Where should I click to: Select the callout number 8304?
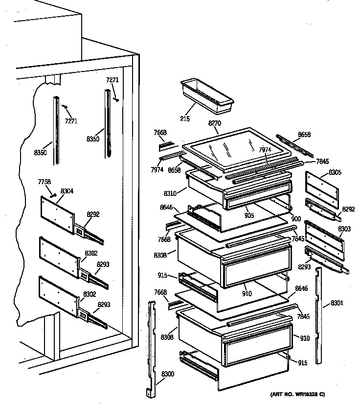(x=67, y=191)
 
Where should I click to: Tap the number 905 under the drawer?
(x=249, y=214)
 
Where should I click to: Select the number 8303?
(x=344, y=229)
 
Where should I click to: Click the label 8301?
(x=337, y=303)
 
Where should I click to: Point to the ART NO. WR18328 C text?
(x=297, y=394)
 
